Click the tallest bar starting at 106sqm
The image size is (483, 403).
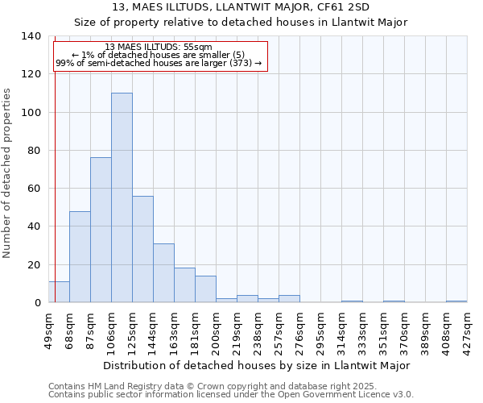coord(122,197)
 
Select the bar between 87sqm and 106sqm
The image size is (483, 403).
coord(101,230)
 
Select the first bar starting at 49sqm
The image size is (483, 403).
coord(59,292)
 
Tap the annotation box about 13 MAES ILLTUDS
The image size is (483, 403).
coord(159,56)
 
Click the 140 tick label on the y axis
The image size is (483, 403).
coord(31,36)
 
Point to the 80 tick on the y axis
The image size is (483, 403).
coord(34,151)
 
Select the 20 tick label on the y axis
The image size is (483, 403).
coord(34,265)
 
